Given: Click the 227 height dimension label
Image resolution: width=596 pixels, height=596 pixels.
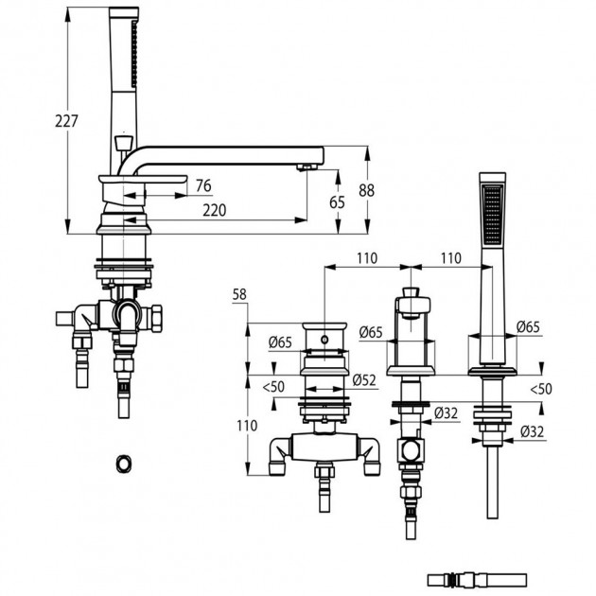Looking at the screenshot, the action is (x=66, y=121).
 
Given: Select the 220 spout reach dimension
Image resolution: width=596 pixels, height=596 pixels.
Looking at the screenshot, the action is (x=215, y=210).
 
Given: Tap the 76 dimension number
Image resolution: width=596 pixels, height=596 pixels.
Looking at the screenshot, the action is (x=203, y=185).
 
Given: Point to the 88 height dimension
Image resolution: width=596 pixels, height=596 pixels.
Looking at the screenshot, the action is (x=366, y=190).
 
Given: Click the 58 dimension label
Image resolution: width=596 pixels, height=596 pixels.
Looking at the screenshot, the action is (x=239, y=294).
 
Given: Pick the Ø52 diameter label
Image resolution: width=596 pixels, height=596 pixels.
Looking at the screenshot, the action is (x=364, y=380).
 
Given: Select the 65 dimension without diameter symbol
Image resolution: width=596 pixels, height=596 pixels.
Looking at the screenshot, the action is (x=337, y=202).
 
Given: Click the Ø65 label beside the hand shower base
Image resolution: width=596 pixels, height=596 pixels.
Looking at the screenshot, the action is (x=528, y=326).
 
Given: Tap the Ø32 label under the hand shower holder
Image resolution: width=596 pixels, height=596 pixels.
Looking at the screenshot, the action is (x=532, y=431).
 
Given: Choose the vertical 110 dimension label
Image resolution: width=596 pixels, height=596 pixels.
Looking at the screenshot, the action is (x=247, y=426).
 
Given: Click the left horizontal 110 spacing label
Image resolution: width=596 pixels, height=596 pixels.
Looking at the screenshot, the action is (x=367, y=258).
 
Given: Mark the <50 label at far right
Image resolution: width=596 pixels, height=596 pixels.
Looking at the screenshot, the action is (x=541, y=389).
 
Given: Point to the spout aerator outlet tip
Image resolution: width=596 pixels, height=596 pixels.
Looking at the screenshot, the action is (x=307, y=167).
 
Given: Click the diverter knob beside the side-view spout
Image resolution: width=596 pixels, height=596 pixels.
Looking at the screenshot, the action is (x=123, y=144).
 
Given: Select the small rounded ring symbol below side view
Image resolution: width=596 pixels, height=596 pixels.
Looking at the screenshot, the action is (x=124, y=464).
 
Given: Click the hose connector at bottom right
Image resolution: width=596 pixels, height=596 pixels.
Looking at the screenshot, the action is (x=477, y=580).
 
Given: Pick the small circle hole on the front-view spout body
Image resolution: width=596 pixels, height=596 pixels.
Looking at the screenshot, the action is (x=324, y=339).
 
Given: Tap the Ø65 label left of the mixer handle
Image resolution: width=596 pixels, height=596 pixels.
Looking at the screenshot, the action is (x=371, y=333).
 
